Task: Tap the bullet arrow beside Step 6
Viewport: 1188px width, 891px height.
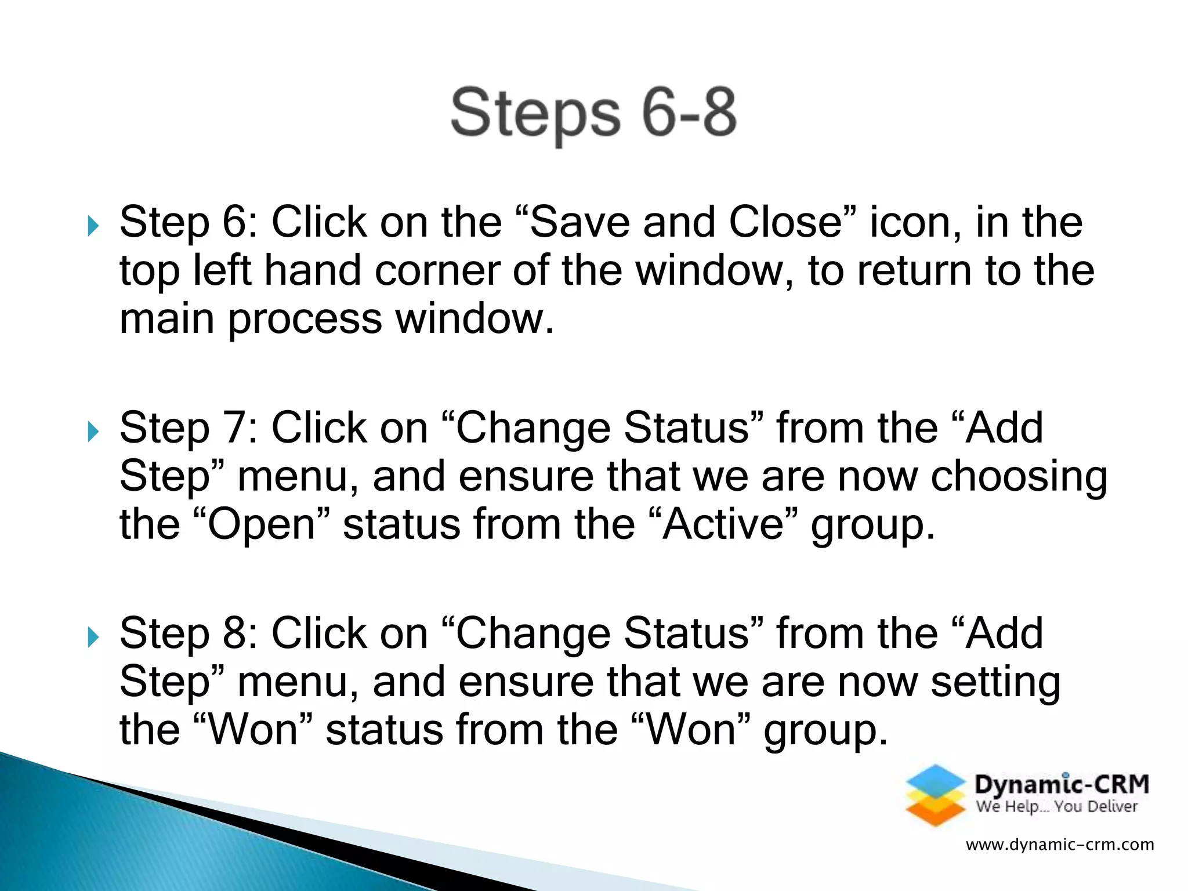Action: (x=93, y=226)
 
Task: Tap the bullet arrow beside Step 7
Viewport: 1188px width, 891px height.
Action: (x=93, y=432)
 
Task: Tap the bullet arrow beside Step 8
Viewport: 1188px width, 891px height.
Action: (x=93, y=637)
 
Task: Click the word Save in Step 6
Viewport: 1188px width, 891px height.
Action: (x=579, y=223)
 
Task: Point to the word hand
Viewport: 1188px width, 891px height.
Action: (x=313, y=271)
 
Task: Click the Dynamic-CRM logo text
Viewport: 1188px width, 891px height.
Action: (x=1062, y=784)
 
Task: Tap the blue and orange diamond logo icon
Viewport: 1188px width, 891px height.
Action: (x=935, y=795)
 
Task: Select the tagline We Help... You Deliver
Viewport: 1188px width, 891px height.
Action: (x=1056, y=807)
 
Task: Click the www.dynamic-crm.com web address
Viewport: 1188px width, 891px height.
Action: (x=1060, y=845)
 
